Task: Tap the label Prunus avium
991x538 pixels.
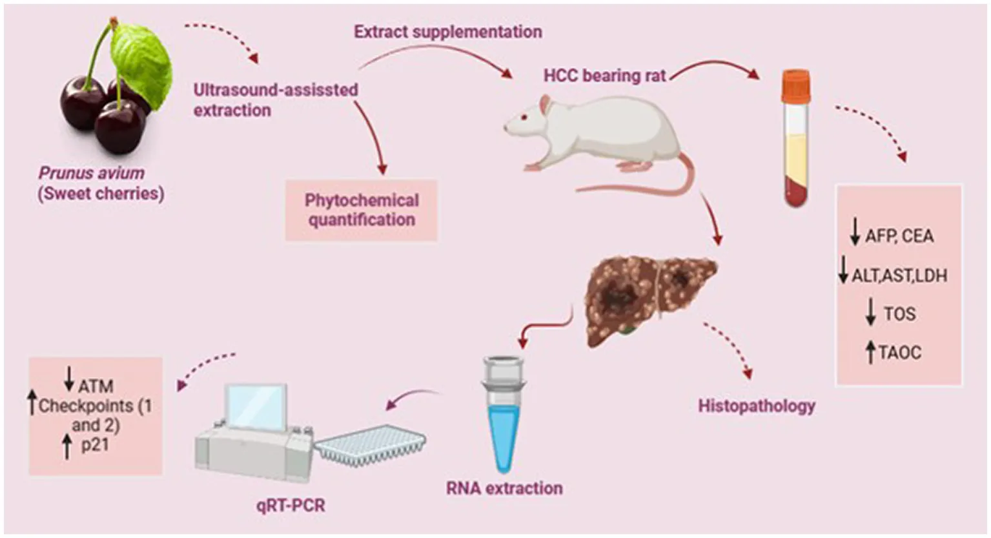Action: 92,173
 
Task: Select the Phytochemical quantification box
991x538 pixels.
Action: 362,210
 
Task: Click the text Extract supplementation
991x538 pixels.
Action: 448,32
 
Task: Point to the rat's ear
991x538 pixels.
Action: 545,107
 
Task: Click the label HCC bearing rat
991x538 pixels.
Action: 604,76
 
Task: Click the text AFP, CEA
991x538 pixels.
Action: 899,236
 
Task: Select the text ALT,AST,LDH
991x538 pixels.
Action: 899,276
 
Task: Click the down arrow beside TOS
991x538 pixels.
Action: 871,312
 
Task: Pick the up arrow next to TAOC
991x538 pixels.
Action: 870,352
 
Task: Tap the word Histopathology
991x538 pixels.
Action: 757,406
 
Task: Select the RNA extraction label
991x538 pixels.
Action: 504,488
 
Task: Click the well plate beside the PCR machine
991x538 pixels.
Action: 371,444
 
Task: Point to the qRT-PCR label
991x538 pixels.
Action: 291,505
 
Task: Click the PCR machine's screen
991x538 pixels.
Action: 255,406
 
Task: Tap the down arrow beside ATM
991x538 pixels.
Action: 69,378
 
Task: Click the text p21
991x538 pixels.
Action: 95,444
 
